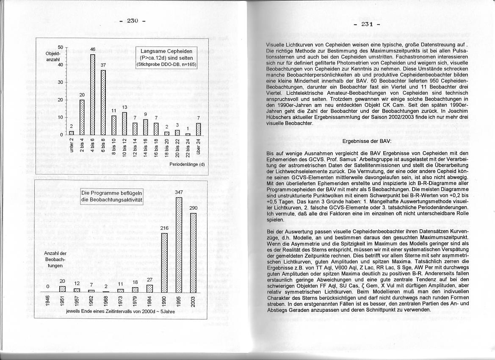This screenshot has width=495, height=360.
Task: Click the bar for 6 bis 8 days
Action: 103,102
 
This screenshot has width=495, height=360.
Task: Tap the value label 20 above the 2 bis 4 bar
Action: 82,94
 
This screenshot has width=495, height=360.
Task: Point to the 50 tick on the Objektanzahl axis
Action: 61,47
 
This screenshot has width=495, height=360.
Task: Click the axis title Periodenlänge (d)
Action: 186,163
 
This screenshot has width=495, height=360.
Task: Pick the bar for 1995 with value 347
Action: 179,245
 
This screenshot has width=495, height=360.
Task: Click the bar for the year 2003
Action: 193,252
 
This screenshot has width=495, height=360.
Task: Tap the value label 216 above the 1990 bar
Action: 164,228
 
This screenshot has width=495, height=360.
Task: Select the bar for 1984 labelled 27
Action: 149,288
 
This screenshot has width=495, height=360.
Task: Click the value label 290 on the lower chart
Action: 193,208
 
